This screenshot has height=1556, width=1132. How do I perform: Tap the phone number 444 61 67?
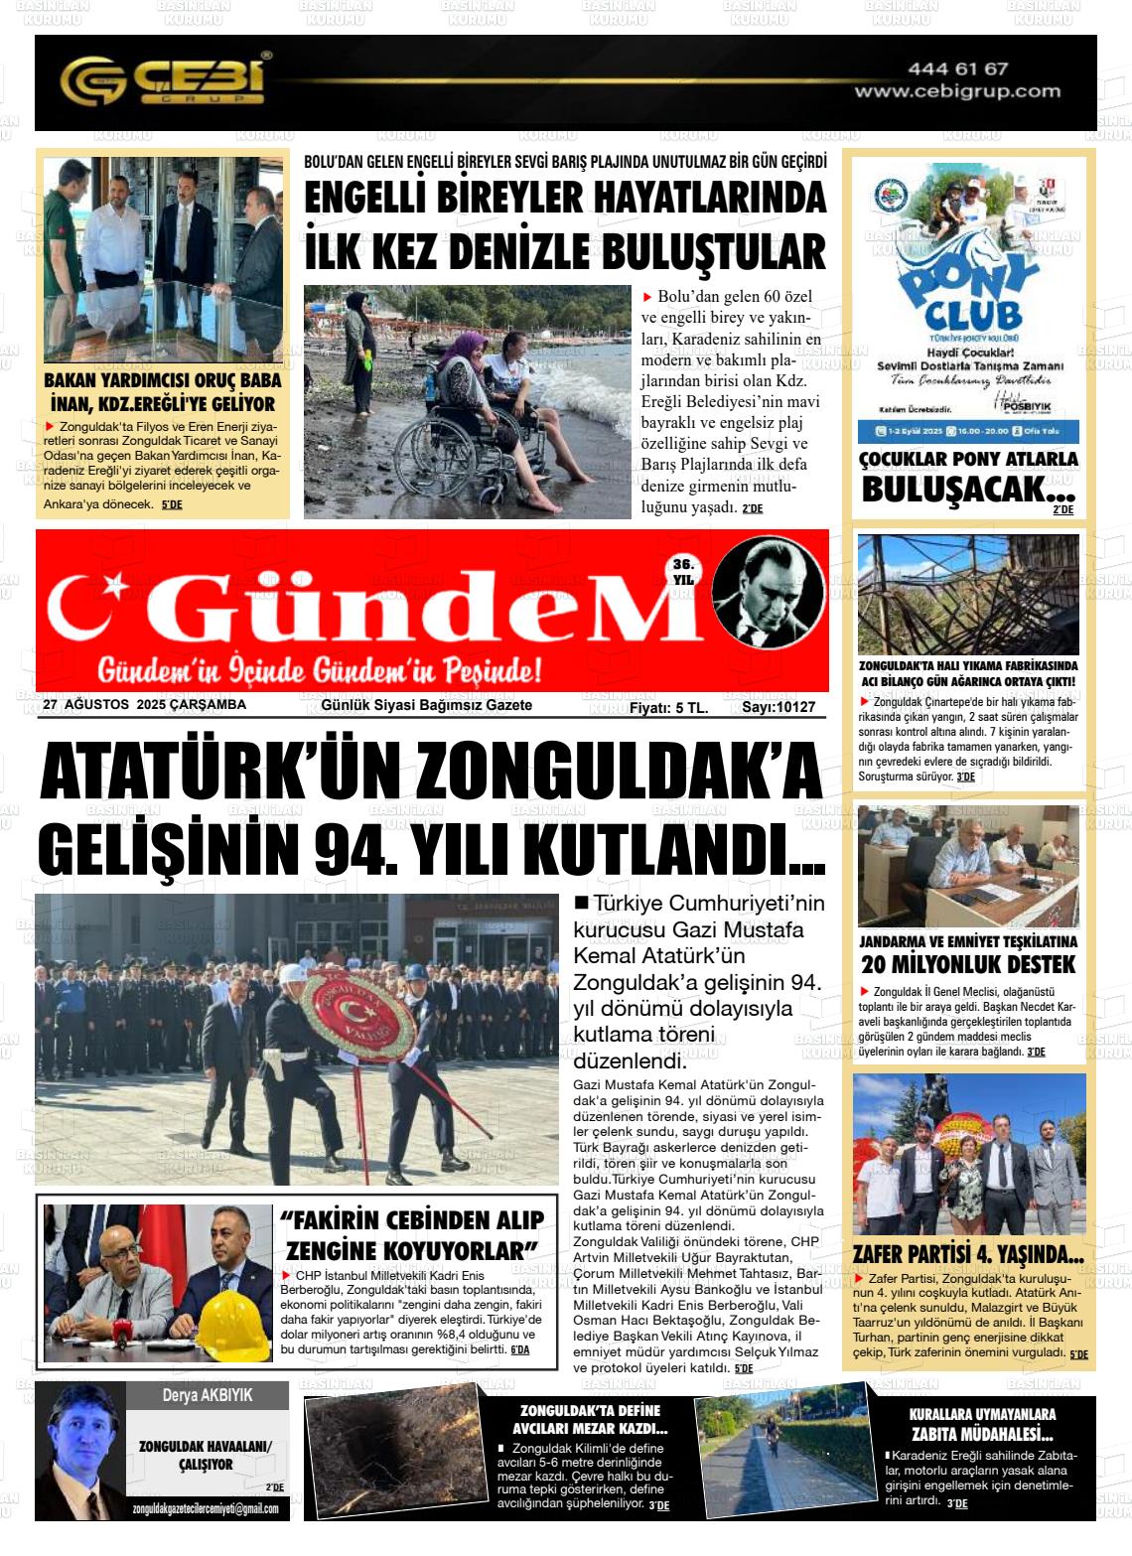(957, 69)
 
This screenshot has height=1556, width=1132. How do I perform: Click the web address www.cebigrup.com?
(957, 91)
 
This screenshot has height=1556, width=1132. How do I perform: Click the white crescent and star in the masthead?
(89, 608)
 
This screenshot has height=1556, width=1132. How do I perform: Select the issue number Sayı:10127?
(778, 707)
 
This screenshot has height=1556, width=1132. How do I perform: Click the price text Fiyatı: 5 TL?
(668, 707)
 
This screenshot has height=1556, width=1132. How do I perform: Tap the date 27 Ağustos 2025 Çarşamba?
(145, 705)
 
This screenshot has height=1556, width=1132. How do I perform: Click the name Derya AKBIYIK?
(208, 1395)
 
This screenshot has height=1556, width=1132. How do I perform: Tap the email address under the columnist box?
(205, 1509)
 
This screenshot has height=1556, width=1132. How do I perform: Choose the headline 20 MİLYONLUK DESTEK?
(967, 964)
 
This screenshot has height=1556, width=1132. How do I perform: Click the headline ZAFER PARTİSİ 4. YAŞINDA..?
(967, 1254)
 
